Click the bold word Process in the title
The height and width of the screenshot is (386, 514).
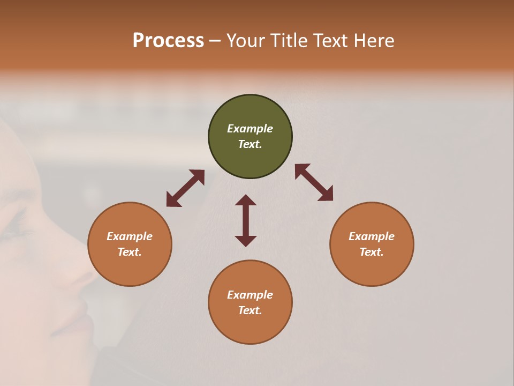[x=168, y=41]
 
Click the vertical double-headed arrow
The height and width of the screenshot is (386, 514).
[x=246, y=220]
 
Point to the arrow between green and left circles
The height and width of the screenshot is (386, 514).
[x=185, y=188]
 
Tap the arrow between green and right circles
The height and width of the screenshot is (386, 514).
[x=314, y=182]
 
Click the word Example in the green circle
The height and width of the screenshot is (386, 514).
[x=250, y=129]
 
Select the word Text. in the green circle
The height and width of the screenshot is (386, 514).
[x=250, y=144]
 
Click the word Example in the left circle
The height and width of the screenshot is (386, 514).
[x=130, y=236]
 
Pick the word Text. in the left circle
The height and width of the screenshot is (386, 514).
[x=130, y=252]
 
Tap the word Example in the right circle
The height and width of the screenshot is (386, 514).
[x=372, y=236]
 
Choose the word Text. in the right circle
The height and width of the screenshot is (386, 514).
[x=372, y=252]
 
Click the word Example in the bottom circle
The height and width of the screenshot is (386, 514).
[x=250, y=295]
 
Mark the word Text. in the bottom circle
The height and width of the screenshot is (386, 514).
[x=250, y=310]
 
